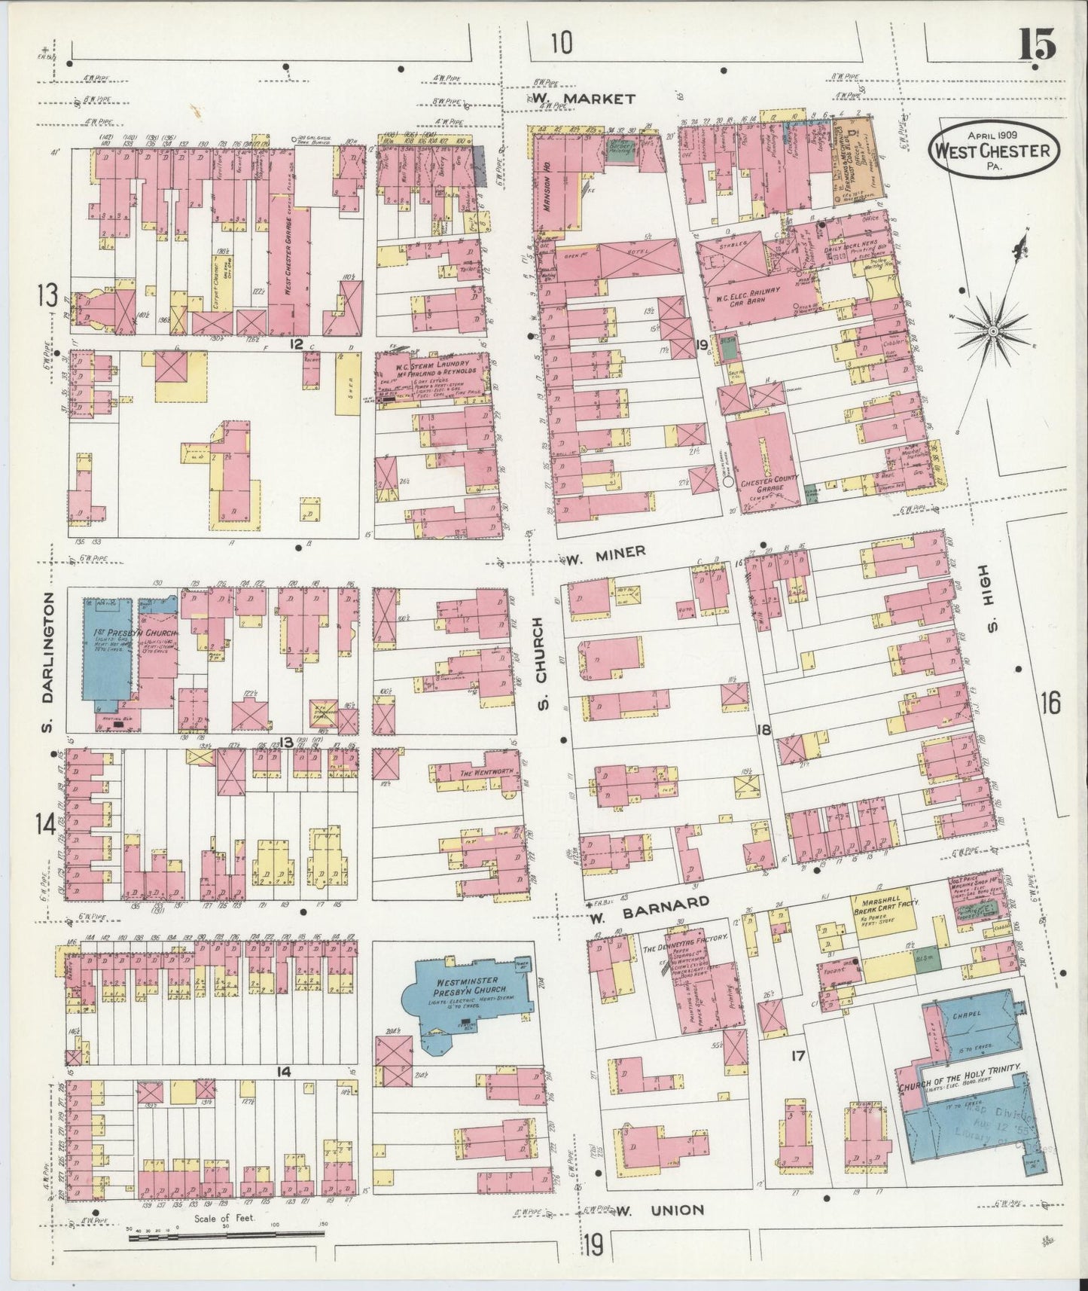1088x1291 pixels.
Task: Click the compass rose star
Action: pyautogui.click(x=993, y=329)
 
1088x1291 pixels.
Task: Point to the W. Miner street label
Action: pyautogui.click(x=606, y=554)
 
